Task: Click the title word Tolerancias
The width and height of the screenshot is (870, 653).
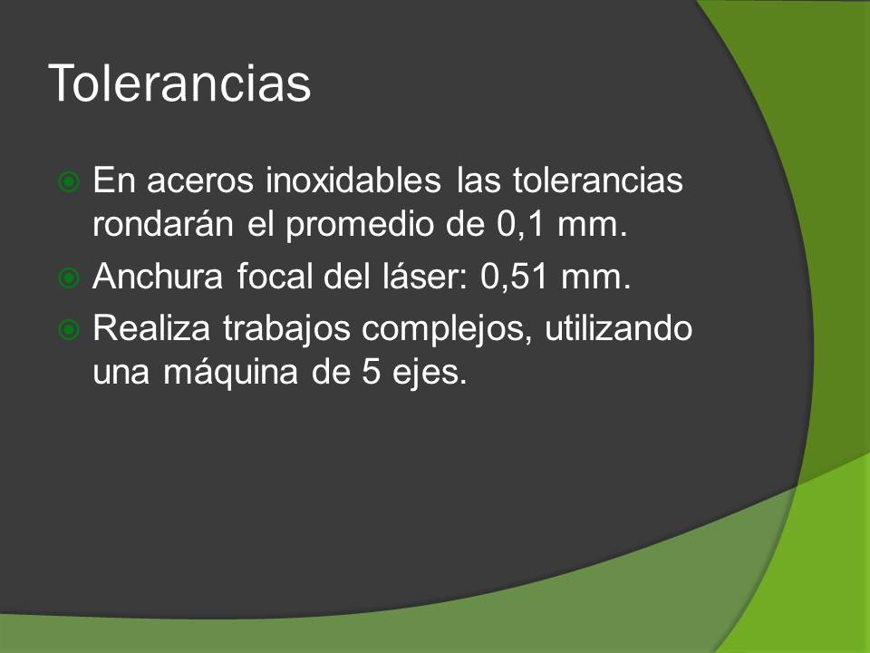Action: coord(179,83)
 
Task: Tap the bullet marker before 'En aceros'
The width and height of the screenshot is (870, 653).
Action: coord(69,181)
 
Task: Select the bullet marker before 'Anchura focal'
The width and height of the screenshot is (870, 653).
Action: coord(69,278)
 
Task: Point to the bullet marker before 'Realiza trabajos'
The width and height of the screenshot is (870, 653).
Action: coord(69,330)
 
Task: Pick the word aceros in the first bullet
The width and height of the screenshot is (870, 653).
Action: coord(199,181)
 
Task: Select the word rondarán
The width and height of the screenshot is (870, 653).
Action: coord(162,224)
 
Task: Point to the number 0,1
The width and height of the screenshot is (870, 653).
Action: coord(520,224)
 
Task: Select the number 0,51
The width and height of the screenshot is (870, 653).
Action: coord(515,277)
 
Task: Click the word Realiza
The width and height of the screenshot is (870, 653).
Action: coord(151,327)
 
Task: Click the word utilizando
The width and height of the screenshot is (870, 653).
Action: coord(618,327)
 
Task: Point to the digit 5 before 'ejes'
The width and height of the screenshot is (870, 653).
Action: coord(372,373)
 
